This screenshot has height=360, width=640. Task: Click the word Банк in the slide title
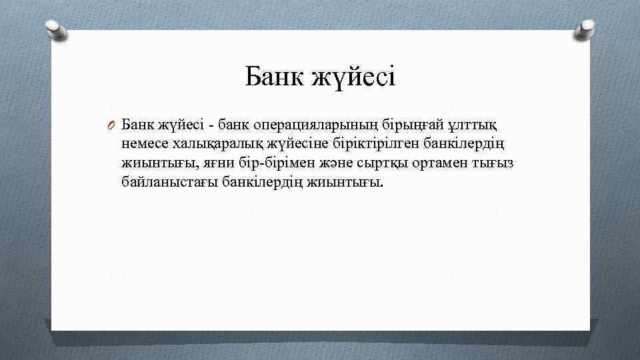pos(274,77)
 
